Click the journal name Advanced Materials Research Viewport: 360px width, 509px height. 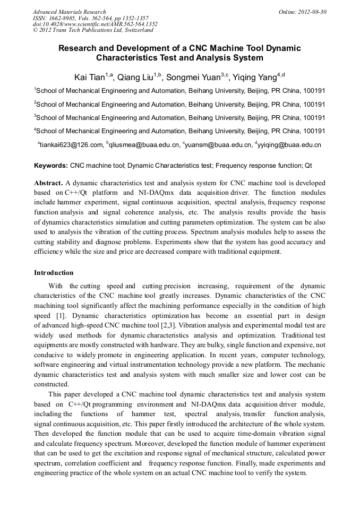pyautogui.click(x=69, y=12)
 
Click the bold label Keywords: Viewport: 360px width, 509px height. pyautogui.click(x=51, y=166)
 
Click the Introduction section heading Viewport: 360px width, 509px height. pyautogui.click(x=54, y=273)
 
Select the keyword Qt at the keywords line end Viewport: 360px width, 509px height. pyautogui.click(x=308, y=166)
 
